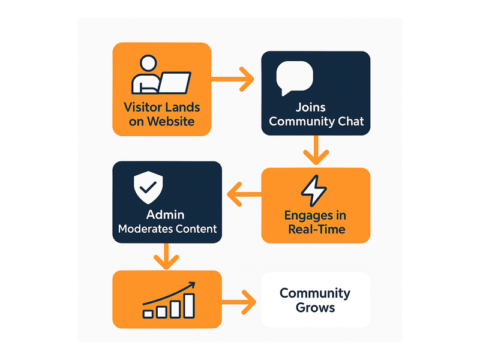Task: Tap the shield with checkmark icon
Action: pos(148,187)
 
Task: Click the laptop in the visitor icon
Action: pos(175,83)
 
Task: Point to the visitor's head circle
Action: pos(148,64)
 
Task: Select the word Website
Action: pos(171,122)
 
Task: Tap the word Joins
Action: pos(310,108)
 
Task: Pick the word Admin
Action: pos(166,215)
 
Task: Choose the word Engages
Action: pos(309,216)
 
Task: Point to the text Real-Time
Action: pos(317,229)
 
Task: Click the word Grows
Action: pos(316,308)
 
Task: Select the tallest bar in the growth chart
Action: pos(189,306)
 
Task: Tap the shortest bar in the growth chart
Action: pos(148,314)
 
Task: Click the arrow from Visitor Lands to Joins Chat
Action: pos(233,79)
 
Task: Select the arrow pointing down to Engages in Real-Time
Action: pos(316,150)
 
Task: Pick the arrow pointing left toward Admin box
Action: pos(244,194)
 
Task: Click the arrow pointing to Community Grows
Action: pos(239,302)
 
